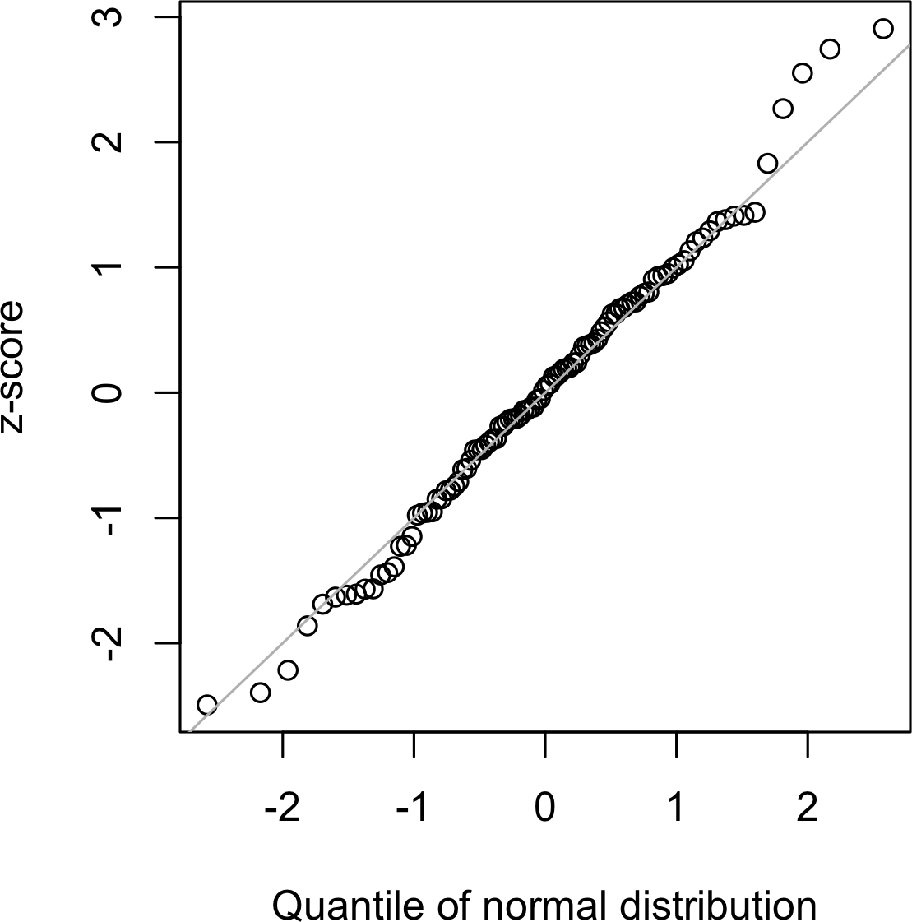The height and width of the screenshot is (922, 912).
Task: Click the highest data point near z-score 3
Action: [883, 29]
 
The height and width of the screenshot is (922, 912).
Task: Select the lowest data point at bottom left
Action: [207, 705]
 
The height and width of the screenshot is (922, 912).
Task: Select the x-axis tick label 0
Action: [545, 809]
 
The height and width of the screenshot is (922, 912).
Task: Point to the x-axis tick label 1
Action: [676, 809]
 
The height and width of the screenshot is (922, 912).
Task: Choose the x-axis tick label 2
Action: [808, 809]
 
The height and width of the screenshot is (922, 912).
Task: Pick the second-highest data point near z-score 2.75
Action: [830, 49]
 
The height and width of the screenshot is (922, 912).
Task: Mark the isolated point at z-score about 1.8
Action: [767, 163]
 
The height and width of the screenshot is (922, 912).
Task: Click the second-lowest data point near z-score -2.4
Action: [260, 693]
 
